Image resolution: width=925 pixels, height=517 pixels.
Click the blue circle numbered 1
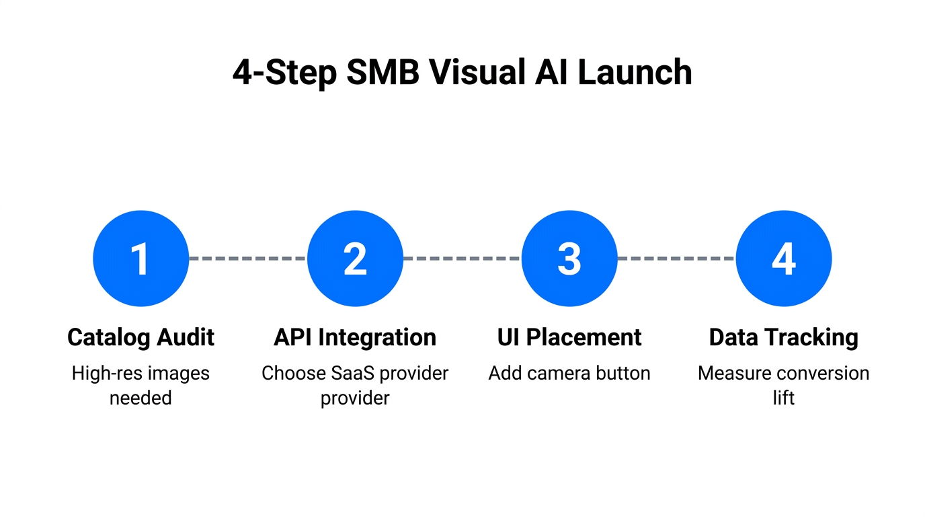click(x=140, y=258)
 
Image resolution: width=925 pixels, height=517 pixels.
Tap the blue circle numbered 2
click(x=355, y=258)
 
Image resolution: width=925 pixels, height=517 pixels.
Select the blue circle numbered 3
click(x=569, y=258)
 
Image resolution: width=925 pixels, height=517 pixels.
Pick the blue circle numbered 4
click(x=784, y=258)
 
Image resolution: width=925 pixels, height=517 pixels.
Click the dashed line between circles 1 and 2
click(x=247, y=258)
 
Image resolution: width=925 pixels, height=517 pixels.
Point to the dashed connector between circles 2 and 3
click(x=462, y=258)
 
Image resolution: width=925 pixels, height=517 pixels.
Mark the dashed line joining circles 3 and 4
click(x=676, y=258)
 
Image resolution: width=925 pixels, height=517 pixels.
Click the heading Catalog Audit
click(x=140, y=337)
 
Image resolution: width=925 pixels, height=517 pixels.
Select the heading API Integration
click(x=355, y=337)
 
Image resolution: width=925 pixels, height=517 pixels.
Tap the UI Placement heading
click(x=569, y=337)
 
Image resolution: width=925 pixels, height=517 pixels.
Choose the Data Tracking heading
click(x=784, y=337)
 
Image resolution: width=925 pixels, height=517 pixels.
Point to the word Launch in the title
click(x=635, y=73)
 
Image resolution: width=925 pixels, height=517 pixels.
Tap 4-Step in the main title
click(x=284, y=73)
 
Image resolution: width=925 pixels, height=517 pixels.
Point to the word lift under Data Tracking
click(x=784, y=398)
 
